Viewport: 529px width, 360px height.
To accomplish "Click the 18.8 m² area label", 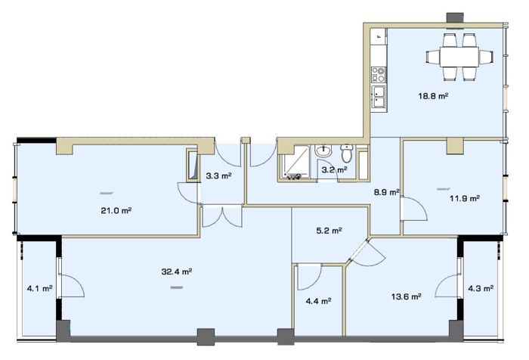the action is tap(433, 96).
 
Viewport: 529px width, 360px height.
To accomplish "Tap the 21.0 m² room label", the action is tap(116, 211).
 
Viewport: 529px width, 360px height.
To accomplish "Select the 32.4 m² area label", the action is tap(177, 272).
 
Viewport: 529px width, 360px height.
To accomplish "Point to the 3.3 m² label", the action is tap(218, 175).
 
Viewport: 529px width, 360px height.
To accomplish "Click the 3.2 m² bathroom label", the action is tap(334, 170).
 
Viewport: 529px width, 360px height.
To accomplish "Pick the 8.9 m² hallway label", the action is tap(387, 193).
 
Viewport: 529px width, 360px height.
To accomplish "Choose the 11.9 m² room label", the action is tap(465, 198).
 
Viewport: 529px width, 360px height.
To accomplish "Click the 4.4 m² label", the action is tap(318, 301).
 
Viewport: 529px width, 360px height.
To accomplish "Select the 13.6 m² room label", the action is tap(407, 296).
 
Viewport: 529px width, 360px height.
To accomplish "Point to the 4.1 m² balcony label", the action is tap(40, 288).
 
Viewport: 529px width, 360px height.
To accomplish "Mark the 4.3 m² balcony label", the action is tap(481, 288).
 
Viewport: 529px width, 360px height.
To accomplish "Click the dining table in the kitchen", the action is tap(459, 57).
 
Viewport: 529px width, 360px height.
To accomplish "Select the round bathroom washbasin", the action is tap(324, 151).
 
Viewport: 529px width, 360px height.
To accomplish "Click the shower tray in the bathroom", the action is tap(293, 161).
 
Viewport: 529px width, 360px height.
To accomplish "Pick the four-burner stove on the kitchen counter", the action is tap(378, 75).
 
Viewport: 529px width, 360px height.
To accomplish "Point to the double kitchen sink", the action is tap(379, 97).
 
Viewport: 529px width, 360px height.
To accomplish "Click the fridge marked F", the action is tap(379, 36).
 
